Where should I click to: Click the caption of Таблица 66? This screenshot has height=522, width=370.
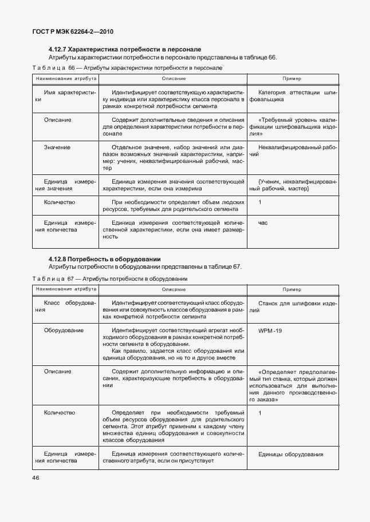click(127, 68)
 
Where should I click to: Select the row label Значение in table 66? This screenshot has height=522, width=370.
click(57, 148)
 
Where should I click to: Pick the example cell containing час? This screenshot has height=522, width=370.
click(263, 223)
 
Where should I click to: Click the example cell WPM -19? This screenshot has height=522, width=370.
click(270, 330)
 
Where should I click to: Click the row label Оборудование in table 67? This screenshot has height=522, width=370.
click(64, 330)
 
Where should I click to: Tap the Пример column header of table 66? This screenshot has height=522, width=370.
click(292, 78)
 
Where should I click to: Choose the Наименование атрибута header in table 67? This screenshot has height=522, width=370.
click(66, 289)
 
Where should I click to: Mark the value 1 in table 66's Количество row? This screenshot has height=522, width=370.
click(260, 202)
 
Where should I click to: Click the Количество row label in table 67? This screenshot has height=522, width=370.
click(60, 412)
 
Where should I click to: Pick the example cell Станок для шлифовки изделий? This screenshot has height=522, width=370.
click(293, 306)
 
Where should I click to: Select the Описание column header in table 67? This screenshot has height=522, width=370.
click(174, 289)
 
